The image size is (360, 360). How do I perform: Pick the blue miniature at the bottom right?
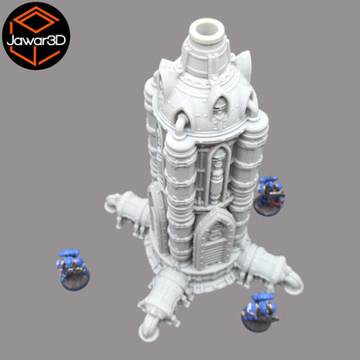coord(260,309)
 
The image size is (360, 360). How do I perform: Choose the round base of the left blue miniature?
coord(74,279)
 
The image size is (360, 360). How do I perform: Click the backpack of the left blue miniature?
coord(69,258)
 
